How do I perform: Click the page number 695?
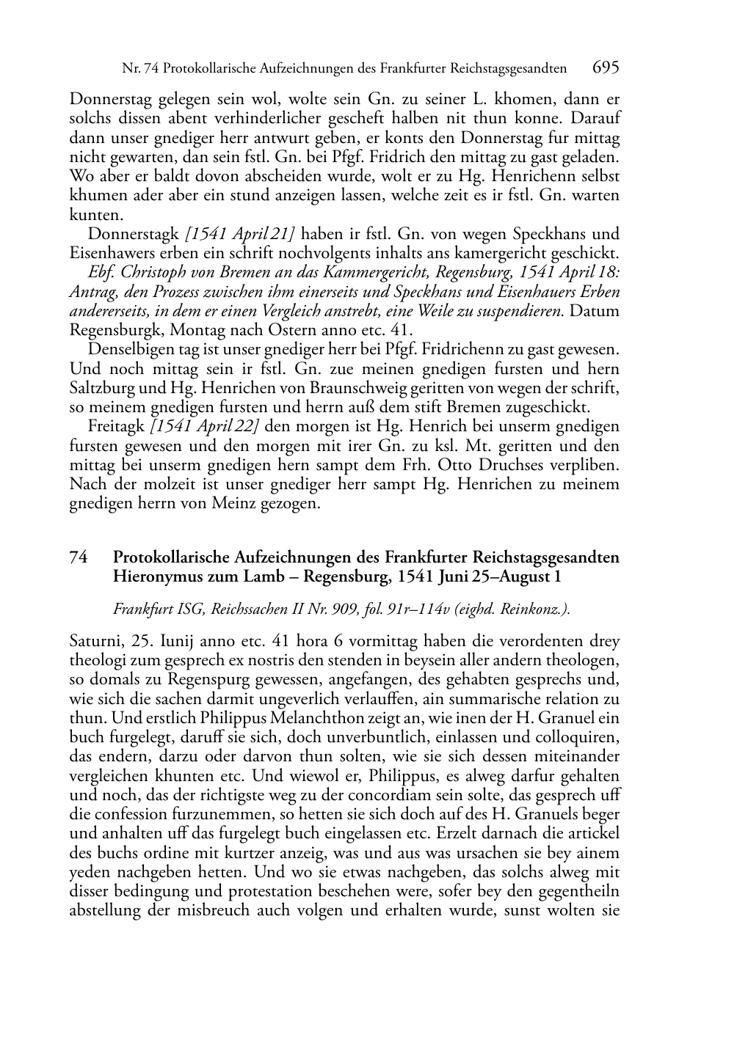pos(606,68)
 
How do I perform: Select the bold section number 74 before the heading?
pos(79,557)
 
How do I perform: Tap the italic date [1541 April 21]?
pos(240,235)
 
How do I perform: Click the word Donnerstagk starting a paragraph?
pos(134,235)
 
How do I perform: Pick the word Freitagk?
pos(116,427)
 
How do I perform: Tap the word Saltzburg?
pos(101,389)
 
